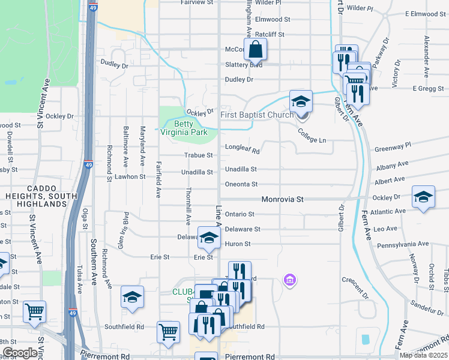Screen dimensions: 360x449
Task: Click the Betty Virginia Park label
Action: (x=183, y=128)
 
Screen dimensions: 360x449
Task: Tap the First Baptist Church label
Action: (x=256, y=115)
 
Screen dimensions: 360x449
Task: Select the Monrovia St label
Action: (x=283, y=199)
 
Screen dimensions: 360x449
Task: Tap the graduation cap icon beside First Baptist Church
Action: (x=301, y=101)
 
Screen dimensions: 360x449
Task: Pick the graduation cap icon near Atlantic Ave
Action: (x=423, y=197)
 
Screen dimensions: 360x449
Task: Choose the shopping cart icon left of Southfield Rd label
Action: (x=169, y=332)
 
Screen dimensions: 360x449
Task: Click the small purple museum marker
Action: (x=289, y=280)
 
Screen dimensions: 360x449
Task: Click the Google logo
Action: (x=20, y=353)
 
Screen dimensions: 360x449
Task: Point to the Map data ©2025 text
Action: (x=423, y=355)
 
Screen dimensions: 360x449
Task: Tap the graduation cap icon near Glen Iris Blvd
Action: (x=132, y=297)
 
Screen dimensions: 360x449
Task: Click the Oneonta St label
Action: (x=241, y=184)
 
